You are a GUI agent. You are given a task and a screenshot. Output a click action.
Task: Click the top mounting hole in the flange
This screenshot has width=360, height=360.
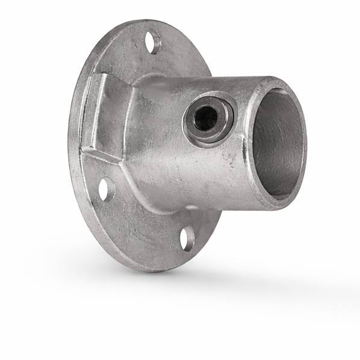[155, 45]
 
